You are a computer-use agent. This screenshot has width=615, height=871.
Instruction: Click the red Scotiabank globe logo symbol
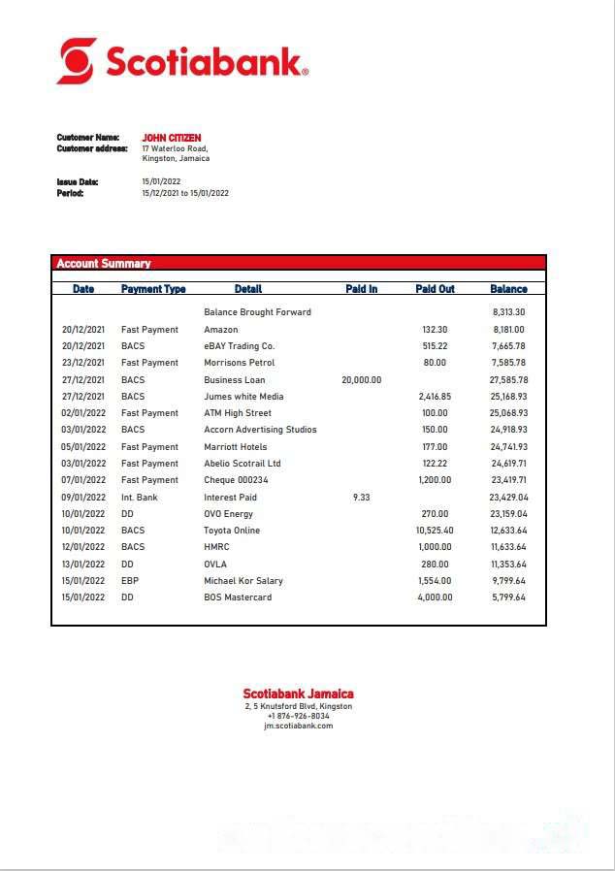pos(77,61)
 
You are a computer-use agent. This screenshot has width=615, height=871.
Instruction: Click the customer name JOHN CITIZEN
pos(172,138)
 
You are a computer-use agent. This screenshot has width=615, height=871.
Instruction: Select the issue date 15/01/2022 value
pos(161,181)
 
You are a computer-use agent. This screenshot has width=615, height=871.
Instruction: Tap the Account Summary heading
pos(104,263)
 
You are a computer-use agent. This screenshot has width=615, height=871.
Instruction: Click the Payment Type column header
pos(153,289)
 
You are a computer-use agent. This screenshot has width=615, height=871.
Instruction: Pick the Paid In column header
pos(361,289)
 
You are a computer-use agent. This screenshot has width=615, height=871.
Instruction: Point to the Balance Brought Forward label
pos(257,312)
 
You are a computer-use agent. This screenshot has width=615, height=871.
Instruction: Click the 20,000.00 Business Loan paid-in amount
pos(361,380)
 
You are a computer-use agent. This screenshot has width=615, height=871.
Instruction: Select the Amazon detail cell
pos(220,330)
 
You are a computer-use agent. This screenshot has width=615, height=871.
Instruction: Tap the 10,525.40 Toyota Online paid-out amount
pos(434,531)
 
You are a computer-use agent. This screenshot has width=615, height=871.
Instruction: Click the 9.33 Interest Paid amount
pos(361,498)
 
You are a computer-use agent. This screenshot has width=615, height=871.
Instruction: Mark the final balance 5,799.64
pos(507,597)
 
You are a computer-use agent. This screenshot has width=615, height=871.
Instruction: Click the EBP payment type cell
pos(130,581)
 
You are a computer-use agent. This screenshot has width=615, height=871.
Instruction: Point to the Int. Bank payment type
pos(139,498)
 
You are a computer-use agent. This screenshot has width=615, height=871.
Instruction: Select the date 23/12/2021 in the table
pos(83,363)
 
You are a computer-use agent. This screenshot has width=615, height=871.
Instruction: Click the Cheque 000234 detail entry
pos(236,480)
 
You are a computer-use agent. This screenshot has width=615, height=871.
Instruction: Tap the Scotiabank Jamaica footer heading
pos(298,694)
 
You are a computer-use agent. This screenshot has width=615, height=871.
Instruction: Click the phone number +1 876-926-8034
pos(298,716)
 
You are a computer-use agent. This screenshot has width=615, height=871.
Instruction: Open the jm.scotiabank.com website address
pos(298,726)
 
